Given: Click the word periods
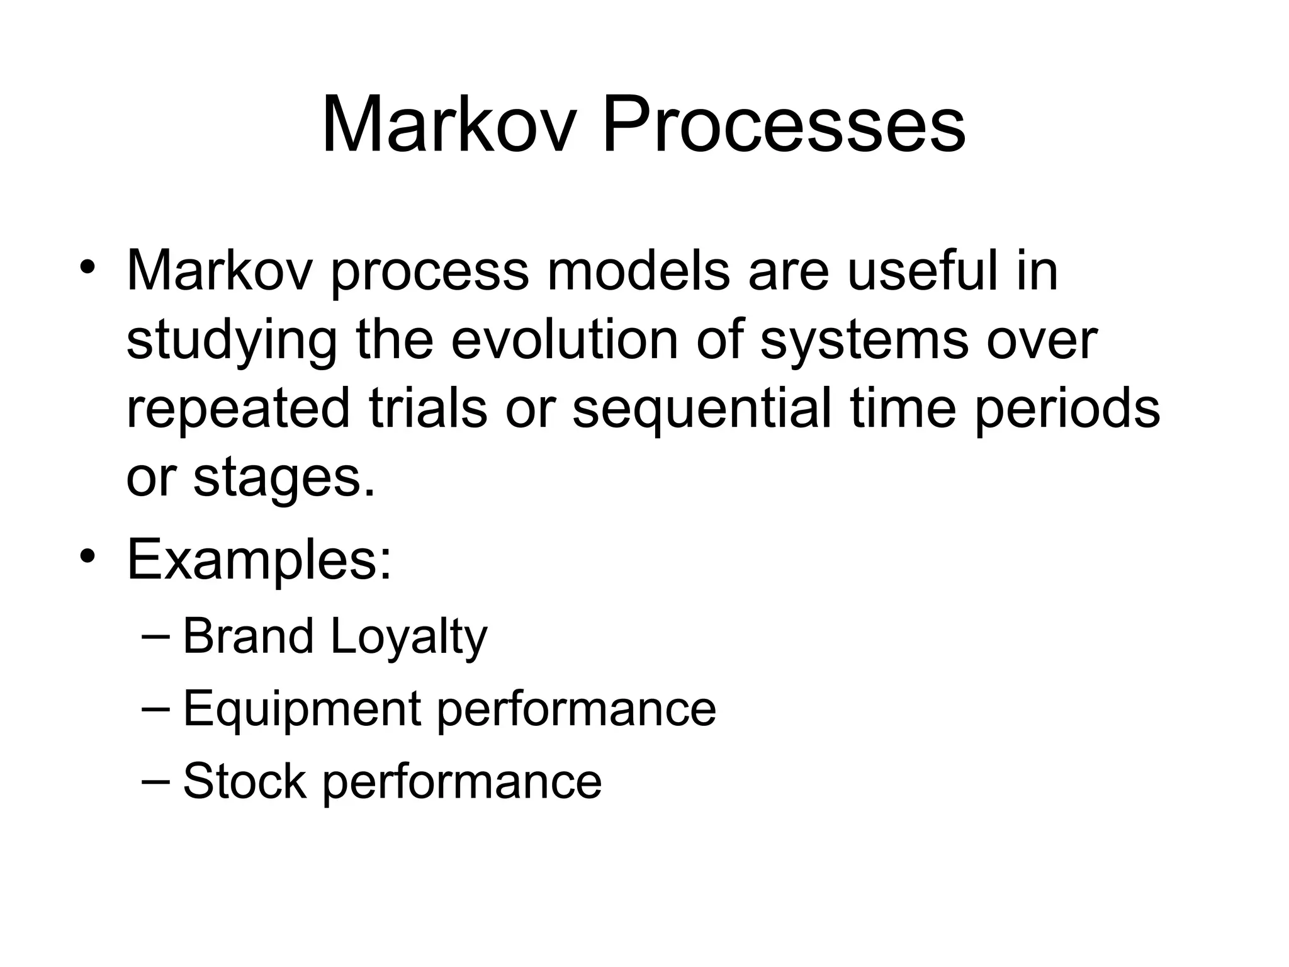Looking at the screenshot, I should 1067,410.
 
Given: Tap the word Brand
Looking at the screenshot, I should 248,636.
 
